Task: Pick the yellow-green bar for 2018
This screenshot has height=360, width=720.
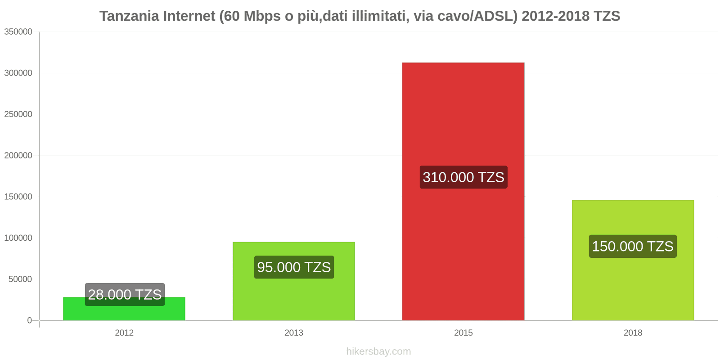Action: (633, 283)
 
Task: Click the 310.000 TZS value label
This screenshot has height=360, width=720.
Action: (463, 177)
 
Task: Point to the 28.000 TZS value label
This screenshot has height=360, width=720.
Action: (125, 294)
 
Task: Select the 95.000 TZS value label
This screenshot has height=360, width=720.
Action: (294, 267)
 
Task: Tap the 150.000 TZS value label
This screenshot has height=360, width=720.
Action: (633, 246)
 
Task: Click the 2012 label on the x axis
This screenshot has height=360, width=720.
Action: (124, 333)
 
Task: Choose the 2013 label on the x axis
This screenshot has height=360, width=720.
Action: (294, 333)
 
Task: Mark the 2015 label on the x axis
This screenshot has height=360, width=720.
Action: (463, 333)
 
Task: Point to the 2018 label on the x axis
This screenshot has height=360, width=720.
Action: (633, 333)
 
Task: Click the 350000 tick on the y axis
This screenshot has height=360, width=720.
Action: (18, 31)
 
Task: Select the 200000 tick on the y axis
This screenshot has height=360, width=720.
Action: (18, 155)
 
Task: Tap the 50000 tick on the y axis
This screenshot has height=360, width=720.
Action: (20, 279)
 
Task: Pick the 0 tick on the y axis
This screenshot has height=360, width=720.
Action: (30, 320)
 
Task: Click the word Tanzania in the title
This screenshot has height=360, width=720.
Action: (129, 16)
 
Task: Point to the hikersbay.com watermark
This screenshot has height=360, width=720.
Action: (378, 351)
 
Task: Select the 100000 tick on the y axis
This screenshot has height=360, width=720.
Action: (18, 238)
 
